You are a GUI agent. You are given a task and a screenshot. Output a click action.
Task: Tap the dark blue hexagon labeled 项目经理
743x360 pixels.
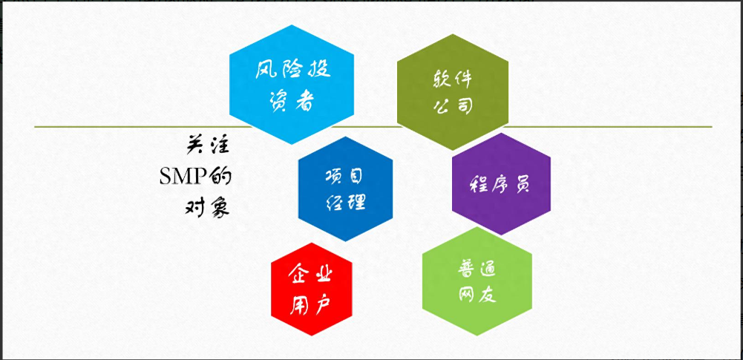pyautogui.click(x=345, y=189)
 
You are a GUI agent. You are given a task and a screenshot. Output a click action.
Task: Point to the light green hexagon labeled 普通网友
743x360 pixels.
pyautogui.click(x=477, y=282)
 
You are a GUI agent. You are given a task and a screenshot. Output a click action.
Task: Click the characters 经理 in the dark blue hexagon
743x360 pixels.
pyautogui.click(x=345, y=201)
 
